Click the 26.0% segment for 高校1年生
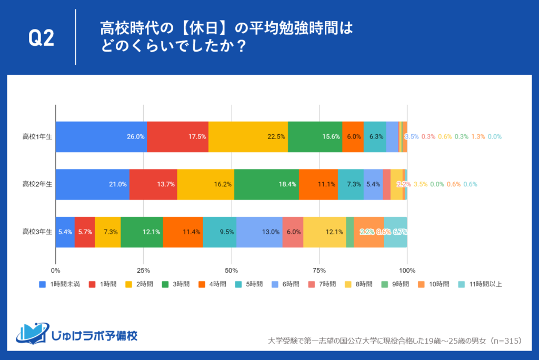click(x=101, y=136)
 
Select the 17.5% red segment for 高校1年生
click(x=177, y=136)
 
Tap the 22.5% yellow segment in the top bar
click(x=248, y=136)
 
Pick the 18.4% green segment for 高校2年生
click(x=266, y=184)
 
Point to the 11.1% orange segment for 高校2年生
click(x=318, y=184)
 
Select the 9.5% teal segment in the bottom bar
click(x=219, y=232)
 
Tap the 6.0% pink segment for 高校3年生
click(x=293, y=232)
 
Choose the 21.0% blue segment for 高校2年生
click(x=92, y=184)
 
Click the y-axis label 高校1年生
click(x=37, y=136)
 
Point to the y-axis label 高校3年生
click(x=37, y=232)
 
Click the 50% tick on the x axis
click(x=232, y=270)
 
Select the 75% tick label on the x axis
click(x=319, y=270)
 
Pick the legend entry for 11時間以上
click(x=482, y=284)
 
